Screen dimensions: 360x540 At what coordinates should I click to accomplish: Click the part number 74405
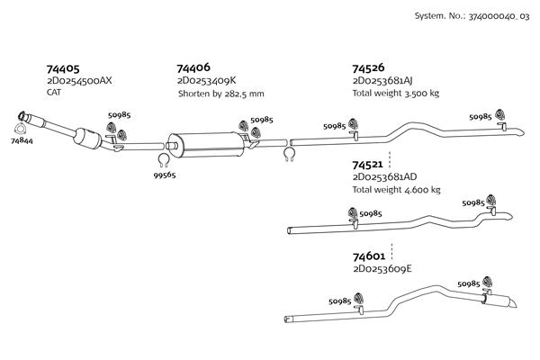coord(62,68)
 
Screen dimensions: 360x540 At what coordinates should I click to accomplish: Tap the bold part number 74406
coord(193,68)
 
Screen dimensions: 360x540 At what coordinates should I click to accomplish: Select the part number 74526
coord(369,68)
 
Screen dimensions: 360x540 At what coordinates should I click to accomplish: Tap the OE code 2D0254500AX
coord(79,81)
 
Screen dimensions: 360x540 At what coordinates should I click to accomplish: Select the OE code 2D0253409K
coord(206,81)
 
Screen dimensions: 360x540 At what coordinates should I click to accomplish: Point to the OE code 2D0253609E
coord(383,268)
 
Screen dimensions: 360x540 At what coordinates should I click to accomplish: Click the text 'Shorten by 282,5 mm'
coord(221,94)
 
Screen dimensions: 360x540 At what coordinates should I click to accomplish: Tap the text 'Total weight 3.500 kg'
coord(396,94)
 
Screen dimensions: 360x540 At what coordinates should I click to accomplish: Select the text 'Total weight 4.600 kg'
coord(396,190)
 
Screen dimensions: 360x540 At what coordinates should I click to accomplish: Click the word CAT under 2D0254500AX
coord(54,93)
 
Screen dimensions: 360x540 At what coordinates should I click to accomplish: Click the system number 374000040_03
coord(472,16)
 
